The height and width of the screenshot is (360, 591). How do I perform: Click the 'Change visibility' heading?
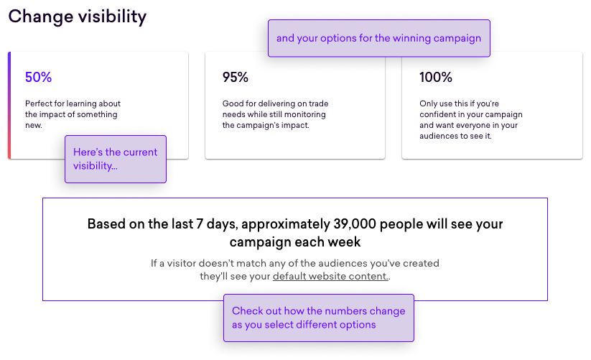tap(78, 17)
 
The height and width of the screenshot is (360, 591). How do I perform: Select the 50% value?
tap(39, 77)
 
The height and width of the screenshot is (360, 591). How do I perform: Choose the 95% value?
tap(236, 77)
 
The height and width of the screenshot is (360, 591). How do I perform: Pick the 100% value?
tap(436, 77)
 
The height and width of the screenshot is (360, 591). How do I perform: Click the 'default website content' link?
tap(330, 276)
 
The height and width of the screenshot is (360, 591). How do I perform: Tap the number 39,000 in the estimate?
tap(355, 224)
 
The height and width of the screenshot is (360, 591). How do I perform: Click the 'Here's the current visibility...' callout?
tap(116, 159)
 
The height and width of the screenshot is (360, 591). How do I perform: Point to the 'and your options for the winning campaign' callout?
tap(378, 38)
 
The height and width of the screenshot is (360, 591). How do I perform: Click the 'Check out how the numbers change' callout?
tap(319, 318)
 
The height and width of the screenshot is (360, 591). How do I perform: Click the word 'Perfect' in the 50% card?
tap(39, 103)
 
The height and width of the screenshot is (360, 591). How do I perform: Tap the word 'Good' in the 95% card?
tap(232, 103)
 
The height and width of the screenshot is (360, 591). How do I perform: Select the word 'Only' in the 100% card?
tap(428, 103)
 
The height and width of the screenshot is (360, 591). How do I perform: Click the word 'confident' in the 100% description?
tap(437, 114)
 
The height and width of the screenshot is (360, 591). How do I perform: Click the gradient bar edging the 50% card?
tap(9, 105)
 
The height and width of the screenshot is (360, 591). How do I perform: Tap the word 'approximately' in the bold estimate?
tap(286, 224)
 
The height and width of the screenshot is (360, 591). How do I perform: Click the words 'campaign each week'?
tap(295, 241)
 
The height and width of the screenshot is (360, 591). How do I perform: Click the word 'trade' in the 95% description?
tap(319, 103)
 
